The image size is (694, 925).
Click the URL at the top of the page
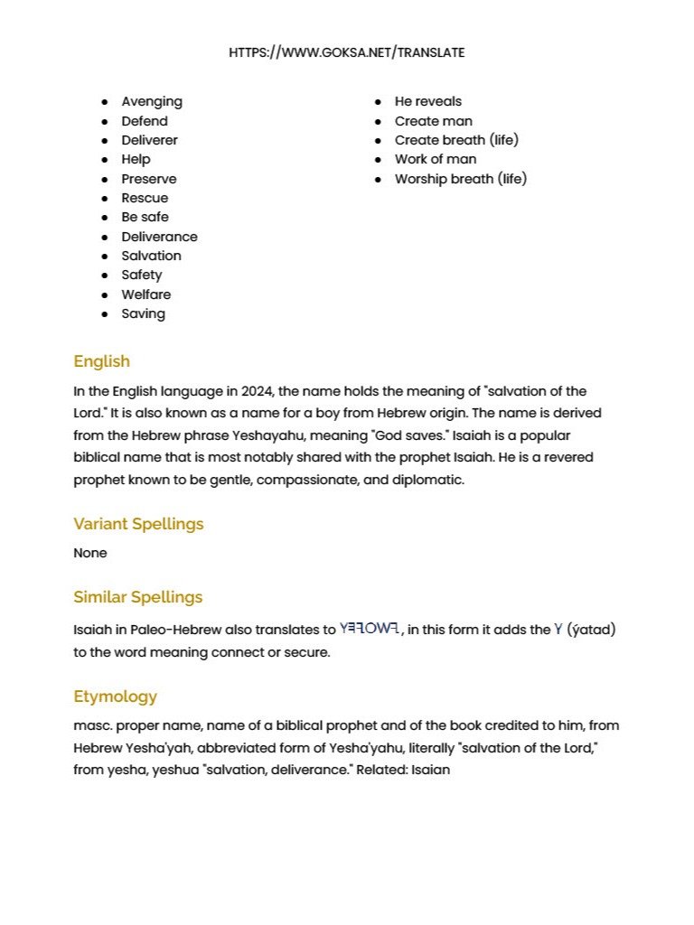coord(346,52)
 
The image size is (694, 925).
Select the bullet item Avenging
coord(152,101)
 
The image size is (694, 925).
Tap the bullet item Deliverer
coord(149,140)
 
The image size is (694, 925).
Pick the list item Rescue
coord(145,198)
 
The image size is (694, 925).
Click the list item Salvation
coord(151,256)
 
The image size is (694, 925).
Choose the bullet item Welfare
coord(145,294)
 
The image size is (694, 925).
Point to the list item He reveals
coord(427,101)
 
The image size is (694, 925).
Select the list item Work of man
coord(435,159)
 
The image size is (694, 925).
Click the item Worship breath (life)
coord(460,179)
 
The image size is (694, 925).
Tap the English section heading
coord(101,361)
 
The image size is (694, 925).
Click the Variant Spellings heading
coord(138,524)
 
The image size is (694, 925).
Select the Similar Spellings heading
coord(137,597)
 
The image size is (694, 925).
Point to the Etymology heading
coord(115,696)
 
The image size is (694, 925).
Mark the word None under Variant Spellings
coord(89,553)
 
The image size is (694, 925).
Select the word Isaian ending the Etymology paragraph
coord(430,770)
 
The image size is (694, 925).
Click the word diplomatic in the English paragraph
coord(428,480)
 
